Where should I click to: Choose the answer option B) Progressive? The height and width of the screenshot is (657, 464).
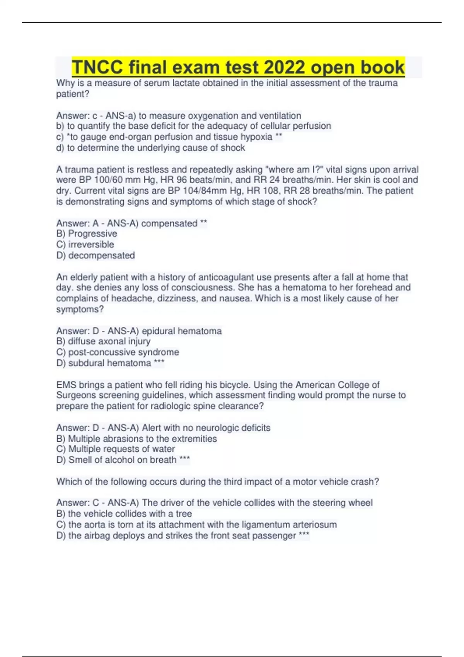[x=87, y=234]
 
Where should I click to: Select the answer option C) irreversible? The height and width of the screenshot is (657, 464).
[x=85, y=245]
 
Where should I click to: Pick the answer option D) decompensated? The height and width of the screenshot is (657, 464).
[x=96, y=255]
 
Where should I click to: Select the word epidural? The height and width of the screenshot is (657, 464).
[x=160, y=331]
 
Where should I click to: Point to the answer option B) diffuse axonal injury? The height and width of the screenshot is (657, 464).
[x=103, y=342]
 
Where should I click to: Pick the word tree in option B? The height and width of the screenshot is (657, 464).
[x=184, y=514]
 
